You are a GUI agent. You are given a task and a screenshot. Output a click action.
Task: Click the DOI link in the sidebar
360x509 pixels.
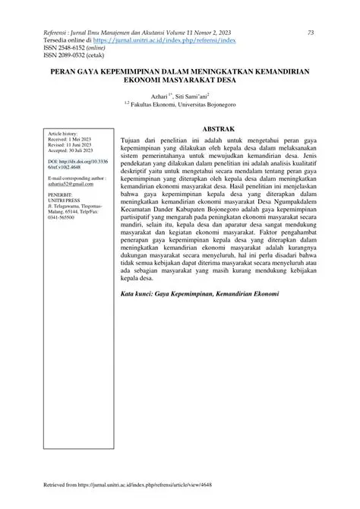[77, 165]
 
